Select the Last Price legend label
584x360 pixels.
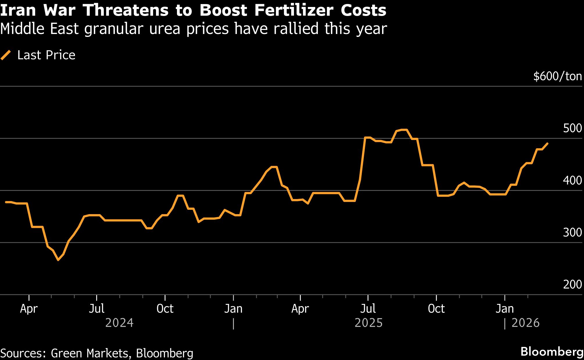pyautogui.click(x=46, y=55)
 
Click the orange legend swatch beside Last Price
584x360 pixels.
pyautogui.click(x=6, y=55)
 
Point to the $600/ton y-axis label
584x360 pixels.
pyautogui.click(x=557, y=76)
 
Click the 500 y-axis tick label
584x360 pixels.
pyautogui.click(x=572, y=128)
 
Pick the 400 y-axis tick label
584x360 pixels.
pyautogui.click(x=572, y=180)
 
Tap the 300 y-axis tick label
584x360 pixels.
pyautogui.click(x=572, y=232)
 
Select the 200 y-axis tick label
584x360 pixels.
pyautogui.click(x=572, y=284)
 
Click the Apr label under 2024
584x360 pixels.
pyautogui.click(x=29, y=309)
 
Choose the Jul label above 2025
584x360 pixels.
pyautogui.click(x=368, y=309)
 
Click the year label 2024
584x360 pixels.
pyautogui.click(x=119, y=323)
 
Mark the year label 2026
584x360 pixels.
pyautogui.click(x=525, y=323)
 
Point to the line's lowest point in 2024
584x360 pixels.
pyautogui.click(x=58, y=260)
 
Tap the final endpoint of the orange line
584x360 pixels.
pyautogui.click(x=547, y=143)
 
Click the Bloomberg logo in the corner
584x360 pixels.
pyautogui.click(x=551, y=352)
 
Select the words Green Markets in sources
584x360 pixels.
pyautogui.click(x=89, y=353)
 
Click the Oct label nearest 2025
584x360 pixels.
pyautogui.click(x=436, y=309)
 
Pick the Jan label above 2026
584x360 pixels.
pyautogui.click(x=504, y=309)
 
